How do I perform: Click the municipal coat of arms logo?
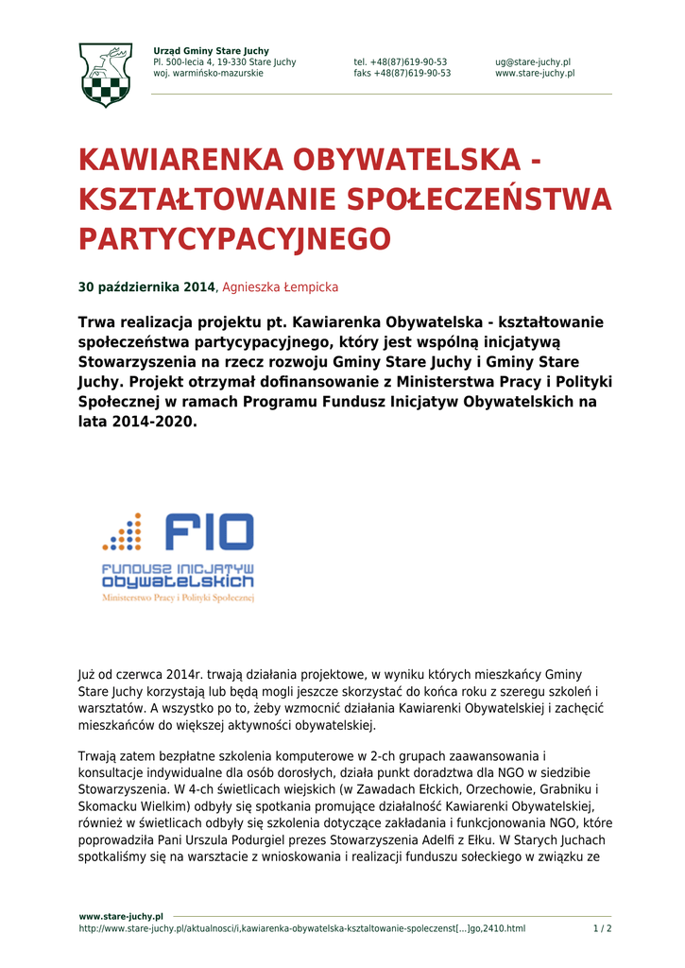pos(105,74)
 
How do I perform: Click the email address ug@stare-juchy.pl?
pos(533,62)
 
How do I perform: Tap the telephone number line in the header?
pos(401,62)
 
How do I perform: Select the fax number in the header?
pos(402,74)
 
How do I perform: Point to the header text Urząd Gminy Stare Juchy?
pos(211,51)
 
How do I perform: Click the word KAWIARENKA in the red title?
pos(182,161)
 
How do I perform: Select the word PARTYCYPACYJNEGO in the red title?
pos(234,239)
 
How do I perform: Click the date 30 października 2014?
pos(146,287)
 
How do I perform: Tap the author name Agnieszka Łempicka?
pos(280,287)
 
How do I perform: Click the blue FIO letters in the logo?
pos(209,531)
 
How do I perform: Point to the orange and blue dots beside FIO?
pos(122,531)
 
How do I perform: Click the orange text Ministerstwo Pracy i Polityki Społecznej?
pos(179,598)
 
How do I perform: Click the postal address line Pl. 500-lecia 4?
pos(224,62)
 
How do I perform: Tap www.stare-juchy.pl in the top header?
pos(535,74)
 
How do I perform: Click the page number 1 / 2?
pos(602,928)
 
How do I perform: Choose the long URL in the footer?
pos(301,928)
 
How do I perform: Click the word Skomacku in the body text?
pos(106,805)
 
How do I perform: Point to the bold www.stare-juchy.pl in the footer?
pos(121,916)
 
